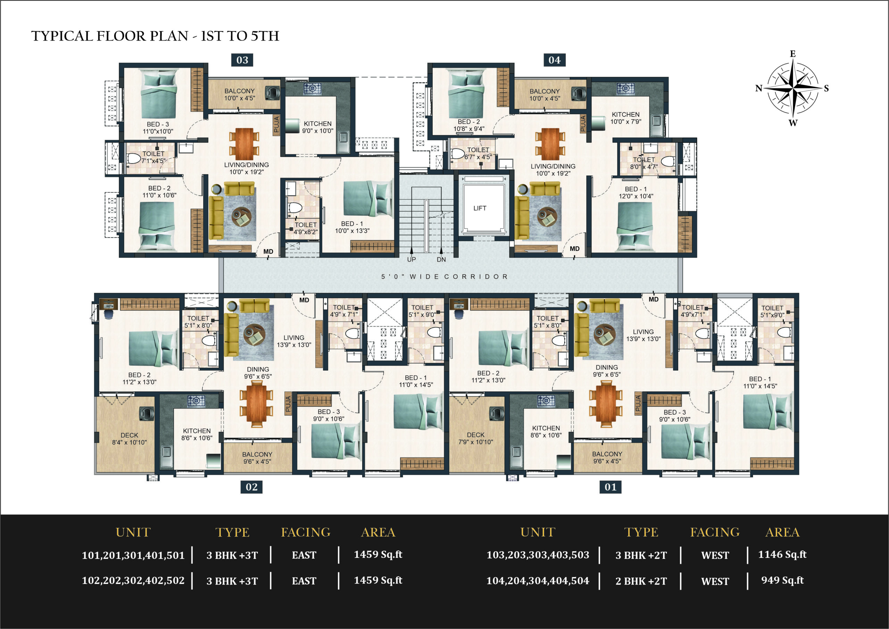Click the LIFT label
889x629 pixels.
click(480, 208)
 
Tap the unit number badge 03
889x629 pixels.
click(242, 60)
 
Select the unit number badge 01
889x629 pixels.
click(610, 487)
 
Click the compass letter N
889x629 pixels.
click(759, 88)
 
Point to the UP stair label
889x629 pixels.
click(412, 259)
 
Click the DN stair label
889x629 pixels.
click(441, 259)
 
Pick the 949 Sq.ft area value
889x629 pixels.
click(782, 580)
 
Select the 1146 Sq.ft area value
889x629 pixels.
click(782, 554)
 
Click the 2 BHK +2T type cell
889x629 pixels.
click(641, 581)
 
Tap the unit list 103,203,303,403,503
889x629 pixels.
click(538, 555)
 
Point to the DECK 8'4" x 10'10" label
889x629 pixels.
click(129, 439)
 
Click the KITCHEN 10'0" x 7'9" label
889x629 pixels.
click(626, 118)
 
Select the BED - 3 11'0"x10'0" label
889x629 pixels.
click(158, 128)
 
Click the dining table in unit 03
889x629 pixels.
click(244, 144)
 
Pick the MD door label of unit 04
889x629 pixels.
click(575, 249)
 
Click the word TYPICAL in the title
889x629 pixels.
click(62, 36)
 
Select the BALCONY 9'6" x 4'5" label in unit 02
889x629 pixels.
click(257, 458)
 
